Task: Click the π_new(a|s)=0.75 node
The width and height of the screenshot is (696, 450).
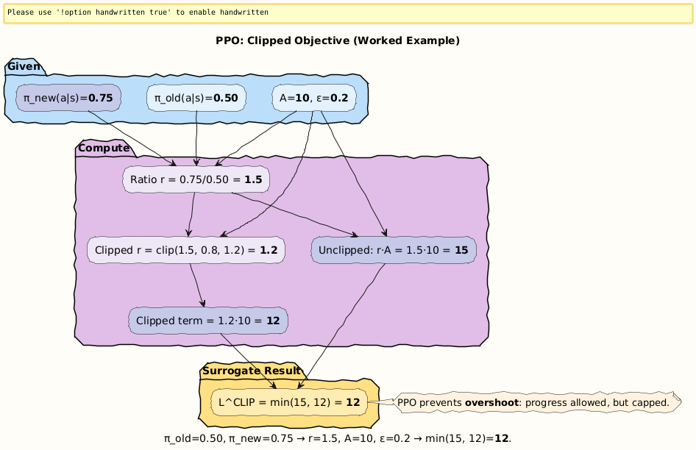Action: coord(68,98)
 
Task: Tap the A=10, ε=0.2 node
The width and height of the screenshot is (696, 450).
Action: coord(314,98)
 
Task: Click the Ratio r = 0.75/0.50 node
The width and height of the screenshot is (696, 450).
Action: coord(196,179)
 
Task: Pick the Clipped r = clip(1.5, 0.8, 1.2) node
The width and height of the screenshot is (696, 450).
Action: coord(185,250)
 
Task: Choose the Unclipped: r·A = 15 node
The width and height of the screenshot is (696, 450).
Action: coord(394,250)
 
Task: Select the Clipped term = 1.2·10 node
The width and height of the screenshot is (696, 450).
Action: coord(208,321)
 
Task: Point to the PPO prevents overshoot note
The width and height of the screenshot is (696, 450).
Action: coord(537,402)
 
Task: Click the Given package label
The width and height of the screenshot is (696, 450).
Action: coord(24,67)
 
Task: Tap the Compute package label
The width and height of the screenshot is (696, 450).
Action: coord(103,148)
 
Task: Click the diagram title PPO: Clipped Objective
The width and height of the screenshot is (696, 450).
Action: coord(338,40)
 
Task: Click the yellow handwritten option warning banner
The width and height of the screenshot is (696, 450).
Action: coord(348,13)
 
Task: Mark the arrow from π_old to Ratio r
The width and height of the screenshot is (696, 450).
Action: coord(196,140)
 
